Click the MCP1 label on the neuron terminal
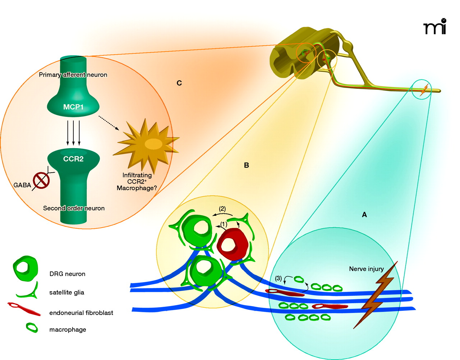pyautogui.click(x=73, y=107)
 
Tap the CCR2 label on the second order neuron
pyautogui.click(x=73, y=159)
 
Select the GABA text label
pyautogui.click(x=22, y=185)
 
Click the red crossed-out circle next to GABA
pyautogui.click(x=41, y=180)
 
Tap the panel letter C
pyautogui.click(x=179, y=83)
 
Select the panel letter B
pyautogui.click(x=246, y=165)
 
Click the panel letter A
pyautogui.click(x=364, y=215)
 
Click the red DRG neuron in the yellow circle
pyautogui.click(x=232, y=245)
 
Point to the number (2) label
pyautogui.click(x=222, y=209)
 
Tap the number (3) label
pyautogui.click(x=279, y=278)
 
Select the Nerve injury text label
pyautogui.click(x=366, y=269)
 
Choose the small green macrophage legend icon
pyautogui.click(x=32, y=328)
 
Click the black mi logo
pyautogui.click(x=435, y=27)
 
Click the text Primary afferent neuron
pyautogui.click(x=73, y=75)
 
